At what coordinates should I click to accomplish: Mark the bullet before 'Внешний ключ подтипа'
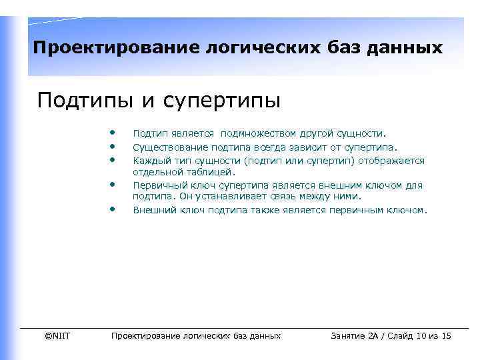tap(113, 208)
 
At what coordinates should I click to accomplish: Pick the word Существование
tap(165, 148)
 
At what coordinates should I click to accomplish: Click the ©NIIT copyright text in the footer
tap(57, 336)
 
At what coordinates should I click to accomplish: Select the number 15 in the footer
tap(446, 336)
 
